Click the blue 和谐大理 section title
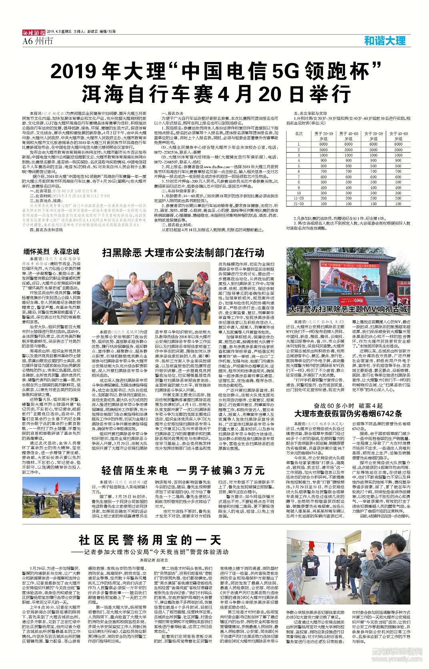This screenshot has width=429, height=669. pos(385,40)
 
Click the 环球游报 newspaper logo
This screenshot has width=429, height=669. pos(34,32)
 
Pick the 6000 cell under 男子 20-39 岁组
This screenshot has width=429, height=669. pos(323,144)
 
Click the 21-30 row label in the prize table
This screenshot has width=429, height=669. pos(299,204)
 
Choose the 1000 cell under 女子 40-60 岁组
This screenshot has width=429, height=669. pos(398,155)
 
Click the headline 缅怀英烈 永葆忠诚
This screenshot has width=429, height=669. pos(52,252)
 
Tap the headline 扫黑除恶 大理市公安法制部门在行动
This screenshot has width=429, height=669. pos(183,252)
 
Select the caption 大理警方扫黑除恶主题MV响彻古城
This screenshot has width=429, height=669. pos(348,309)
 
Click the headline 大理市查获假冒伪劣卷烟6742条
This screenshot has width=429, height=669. pos(348,413)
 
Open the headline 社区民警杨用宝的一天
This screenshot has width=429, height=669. pos(150,540)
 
